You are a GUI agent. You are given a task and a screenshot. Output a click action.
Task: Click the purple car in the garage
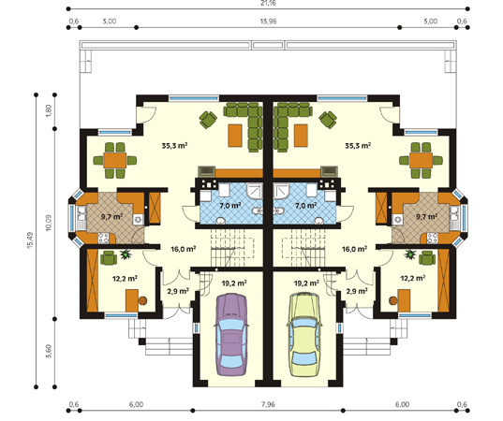pyautogui.click(x=231, y=335)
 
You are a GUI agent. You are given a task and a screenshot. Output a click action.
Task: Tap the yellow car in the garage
pyautogui.click(x=304, y=335)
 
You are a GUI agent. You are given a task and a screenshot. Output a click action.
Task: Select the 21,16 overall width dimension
pyautogui.click(x=269, y=3)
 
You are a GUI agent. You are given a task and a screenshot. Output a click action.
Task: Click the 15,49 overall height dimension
pyautogui.click(x=30, y=240)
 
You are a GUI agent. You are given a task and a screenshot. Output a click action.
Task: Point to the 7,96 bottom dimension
pyautogui.click(x=268, y=404)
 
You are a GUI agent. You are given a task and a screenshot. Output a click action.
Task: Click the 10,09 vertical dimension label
pyautogui.click(x=49, y=223)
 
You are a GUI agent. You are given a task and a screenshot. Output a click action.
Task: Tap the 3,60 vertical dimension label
pyautogui.click(x=49, y=352)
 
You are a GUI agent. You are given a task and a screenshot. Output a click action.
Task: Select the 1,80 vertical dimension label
pyautogui.click(x=49, y=110)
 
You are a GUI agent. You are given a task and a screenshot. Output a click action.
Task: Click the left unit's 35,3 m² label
pyautogui.click(x=174, y=146)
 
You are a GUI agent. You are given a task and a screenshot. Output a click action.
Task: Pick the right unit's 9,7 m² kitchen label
pyautogui.click(x=426, y=217)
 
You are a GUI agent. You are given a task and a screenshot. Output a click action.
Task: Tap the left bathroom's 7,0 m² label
pyautogui.click(x=230, y=206)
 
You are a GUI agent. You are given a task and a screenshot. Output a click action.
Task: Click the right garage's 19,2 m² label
pyautogui.click(x=306, y=283)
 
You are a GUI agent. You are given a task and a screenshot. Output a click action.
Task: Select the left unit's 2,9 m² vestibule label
pyautogui.click(x=178, y=291)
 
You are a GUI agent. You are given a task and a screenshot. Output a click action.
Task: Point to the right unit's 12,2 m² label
pyautogui.click(x=413, y=278)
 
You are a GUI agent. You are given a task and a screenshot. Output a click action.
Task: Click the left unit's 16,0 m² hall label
pyautogui.click(x=184, y=249)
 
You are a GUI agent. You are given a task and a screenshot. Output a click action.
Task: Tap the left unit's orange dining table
pyautogui.click(x=115, y=160)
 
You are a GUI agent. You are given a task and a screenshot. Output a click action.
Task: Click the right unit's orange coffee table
pyautogui.click(x=301, y=136)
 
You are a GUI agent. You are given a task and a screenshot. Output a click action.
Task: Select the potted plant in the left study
pyautogui.click(x=126, y=254)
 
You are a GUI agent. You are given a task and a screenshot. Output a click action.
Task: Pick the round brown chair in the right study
pyautogui.click(x=392, y=300)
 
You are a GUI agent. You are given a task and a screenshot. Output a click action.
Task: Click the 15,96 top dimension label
pyautogui.click(x=269, y=22)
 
